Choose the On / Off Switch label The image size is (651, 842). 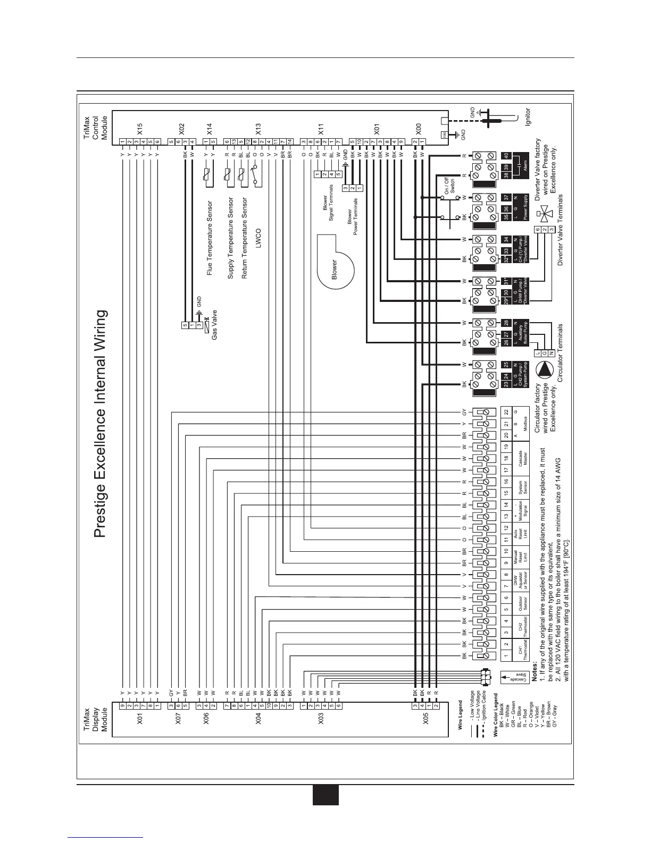tap(449, 184)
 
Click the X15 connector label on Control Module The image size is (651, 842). tap(140, 128)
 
